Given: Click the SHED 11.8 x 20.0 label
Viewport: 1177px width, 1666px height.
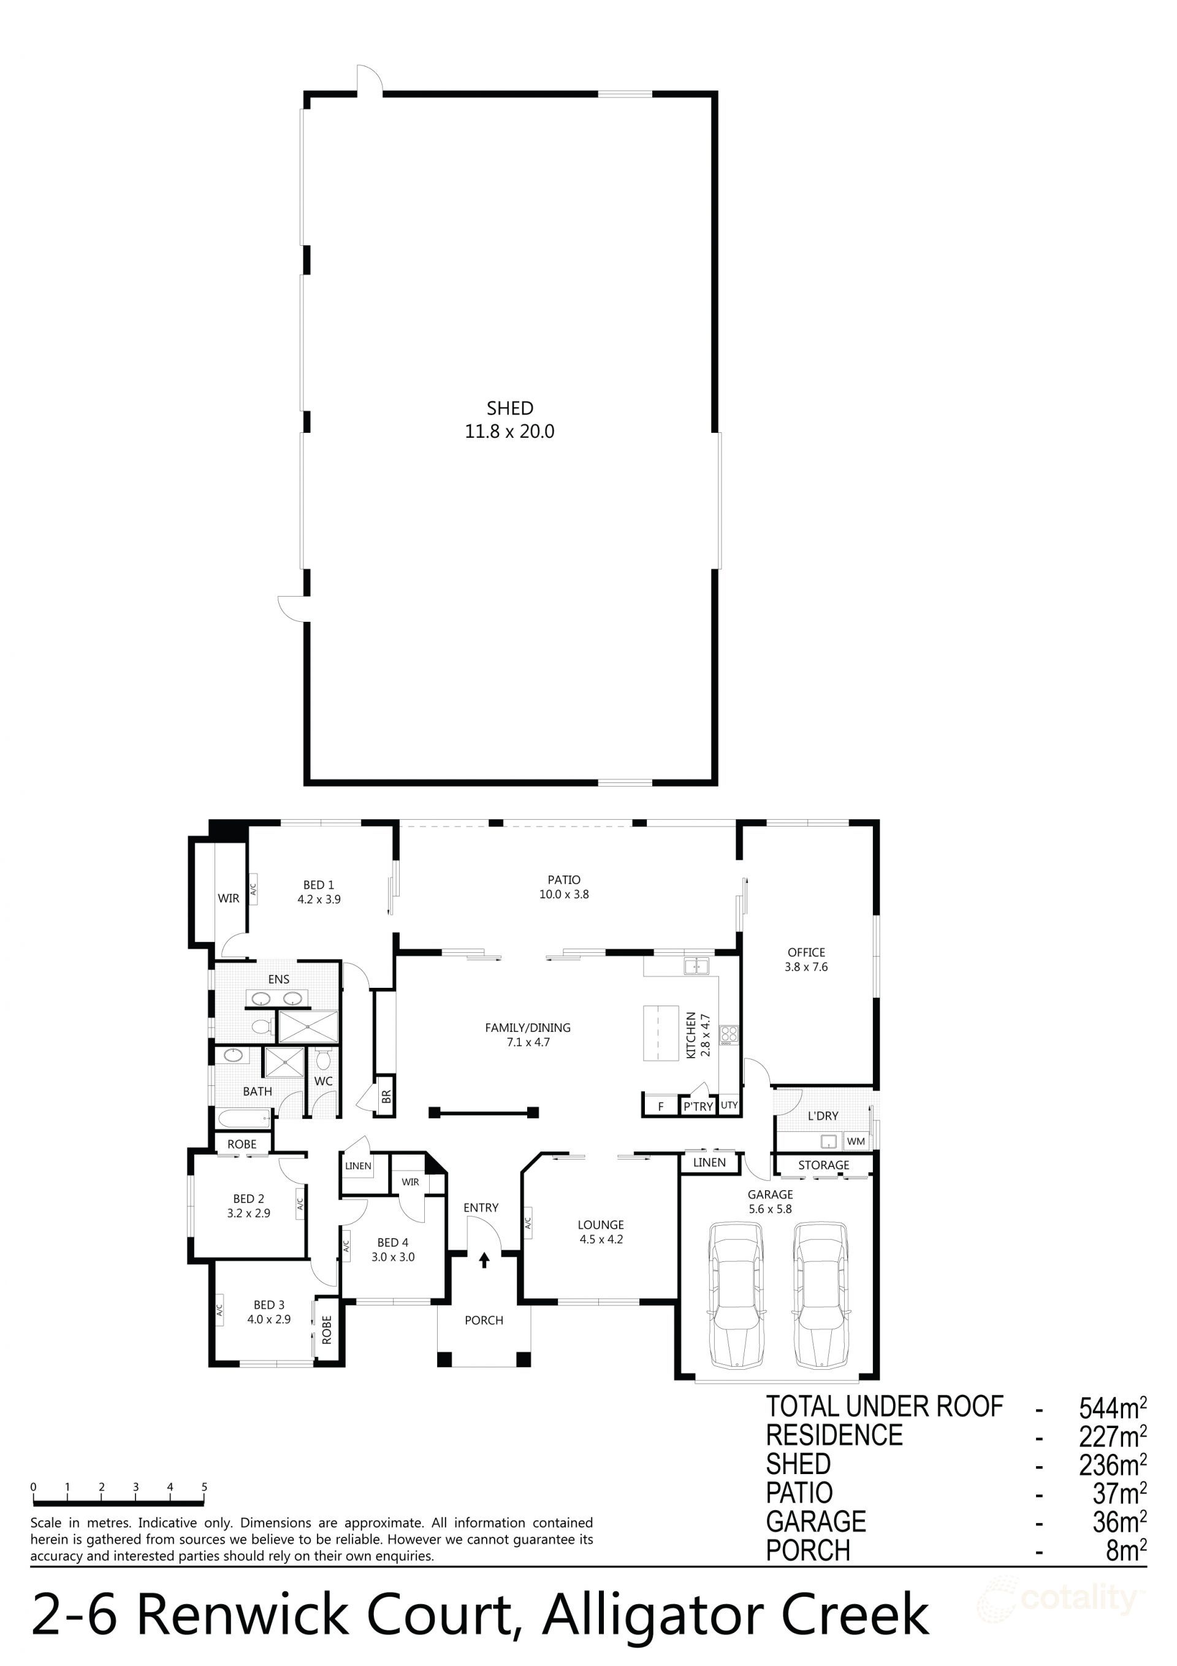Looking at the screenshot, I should tap(509, 419).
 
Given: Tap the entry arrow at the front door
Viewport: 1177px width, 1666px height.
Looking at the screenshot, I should tap(484, 1261).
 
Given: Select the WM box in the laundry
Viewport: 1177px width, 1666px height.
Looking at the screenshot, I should tap(856, 1141).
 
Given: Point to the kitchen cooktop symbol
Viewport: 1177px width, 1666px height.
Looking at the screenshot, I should tap(728, 1034).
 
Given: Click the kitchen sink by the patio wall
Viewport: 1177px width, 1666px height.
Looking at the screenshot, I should tap(696, 966).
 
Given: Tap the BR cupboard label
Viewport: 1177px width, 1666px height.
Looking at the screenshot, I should tap(386, 1096).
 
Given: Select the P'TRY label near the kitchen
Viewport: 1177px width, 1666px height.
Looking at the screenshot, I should tap(698, 1107).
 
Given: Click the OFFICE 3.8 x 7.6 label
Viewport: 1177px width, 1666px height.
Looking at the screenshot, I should tap(806, 959).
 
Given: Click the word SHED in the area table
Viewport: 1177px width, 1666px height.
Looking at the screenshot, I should tap(798, 1464).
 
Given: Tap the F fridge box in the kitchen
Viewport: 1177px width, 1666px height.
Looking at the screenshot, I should tap(660, 1107).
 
